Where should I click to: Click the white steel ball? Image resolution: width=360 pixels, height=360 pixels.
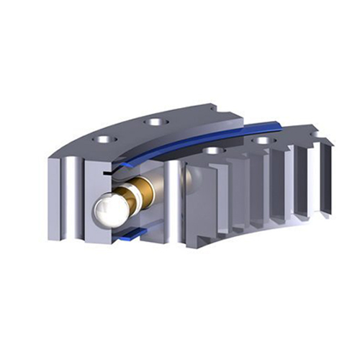pos(110,209)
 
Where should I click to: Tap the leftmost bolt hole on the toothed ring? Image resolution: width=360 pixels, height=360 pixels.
pos(213,151)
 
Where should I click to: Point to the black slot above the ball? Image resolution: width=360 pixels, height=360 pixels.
pos(107,174)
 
